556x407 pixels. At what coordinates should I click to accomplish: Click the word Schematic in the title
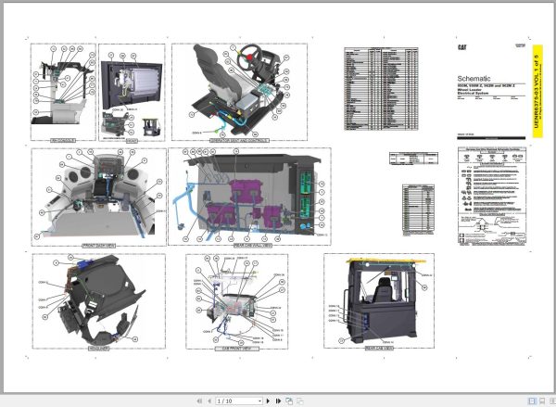[475, 79]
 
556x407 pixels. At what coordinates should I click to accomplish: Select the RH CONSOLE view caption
[62, 140]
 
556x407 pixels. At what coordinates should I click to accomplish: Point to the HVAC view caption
[131, 140]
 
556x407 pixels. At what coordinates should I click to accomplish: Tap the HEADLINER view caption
[99, 349]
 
